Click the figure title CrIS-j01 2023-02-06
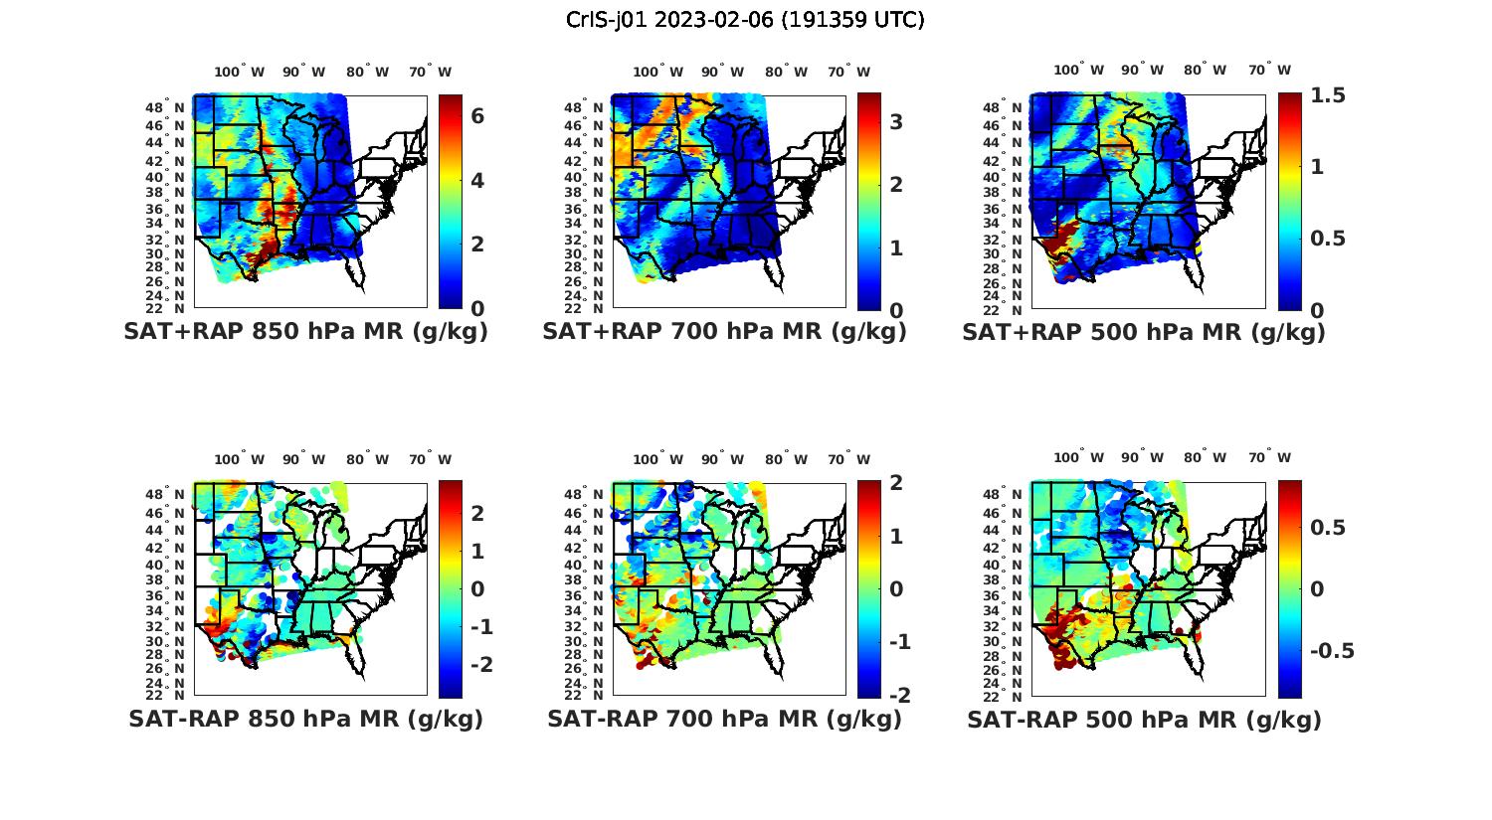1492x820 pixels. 745,20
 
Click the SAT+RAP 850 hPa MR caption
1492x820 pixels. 305,332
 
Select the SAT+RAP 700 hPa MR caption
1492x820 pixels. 724,332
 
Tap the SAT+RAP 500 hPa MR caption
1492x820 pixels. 1144,332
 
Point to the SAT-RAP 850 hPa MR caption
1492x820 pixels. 305,719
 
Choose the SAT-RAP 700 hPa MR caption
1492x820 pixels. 724,719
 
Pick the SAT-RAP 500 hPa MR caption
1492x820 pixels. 1144,719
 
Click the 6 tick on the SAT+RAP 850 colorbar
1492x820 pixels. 477,116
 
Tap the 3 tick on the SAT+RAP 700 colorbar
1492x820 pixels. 896,121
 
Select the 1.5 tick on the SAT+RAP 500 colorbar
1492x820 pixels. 1328,95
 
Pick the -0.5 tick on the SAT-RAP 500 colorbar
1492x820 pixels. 1331,651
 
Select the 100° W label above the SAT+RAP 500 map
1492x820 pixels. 1078,71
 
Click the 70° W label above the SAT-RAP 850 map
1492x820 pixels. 430,459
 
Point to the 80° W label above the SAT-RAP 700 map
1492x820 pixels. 785,459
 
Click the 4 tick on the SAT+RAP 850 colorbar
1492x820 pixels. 477,180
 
